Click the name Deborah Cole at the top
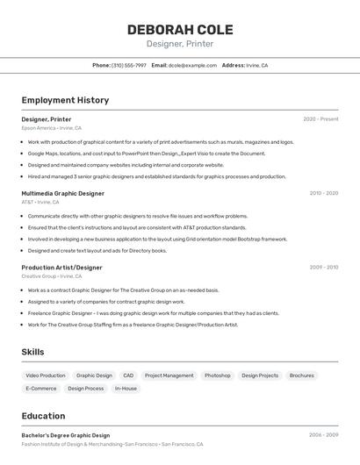(x=180, y=29)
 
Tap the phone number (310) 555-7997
(x=129, y=65)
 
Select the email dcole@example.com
(x=192, y=65)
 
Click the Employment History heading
(x=65, y=100)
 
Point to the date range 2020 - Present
(x=320, y=118)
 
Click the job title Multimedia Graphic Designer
(x=63, y=193)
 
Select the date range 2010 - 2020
(x=323, y=193)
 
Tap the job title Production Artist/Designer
(x=61, y=267)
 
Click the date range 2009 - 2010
(x=323, y=267)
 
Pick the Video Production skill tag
(x=46, y=376)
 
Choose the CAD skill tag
(x=128, y=376)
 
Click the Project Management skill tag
(x=169, y=376)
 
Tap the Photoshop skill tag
(x=217, y=376)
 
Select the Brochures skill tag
(x=301, y=376)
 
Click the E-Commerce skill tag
(x=41, y=388)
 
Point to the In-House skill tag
(x=126, y=388)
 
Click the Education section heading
(x=43, y=416)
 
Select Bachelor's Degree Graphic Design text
(x=66, y=435)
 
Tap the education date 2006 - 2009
(x=323, y=434)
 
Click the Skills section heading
(x=32, y=352)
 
